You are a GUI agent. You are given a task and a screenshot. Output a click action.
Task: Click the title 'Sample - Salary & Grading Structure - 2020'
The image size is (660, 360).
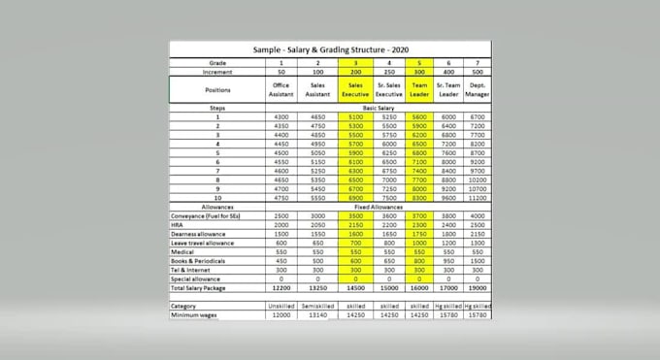[331, 48]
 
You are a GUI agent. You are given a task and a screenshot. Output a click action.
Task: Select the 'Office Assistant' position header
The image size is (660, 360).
[281, 89]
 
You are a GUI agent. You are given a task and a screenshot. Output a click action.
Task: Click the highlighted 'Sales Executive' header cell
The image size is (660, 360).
[355, 89]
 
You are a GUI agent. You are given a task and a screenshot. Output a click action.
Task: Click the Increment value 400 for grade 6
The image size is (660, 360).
[447, 71]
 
